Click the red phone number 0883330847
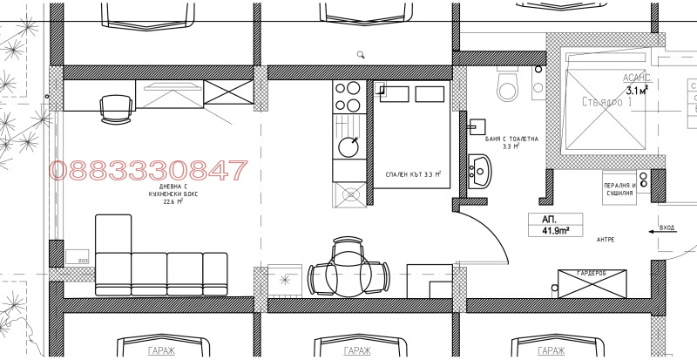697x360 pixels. pos(148,170)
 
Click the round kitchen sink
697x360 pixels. pos(349,145)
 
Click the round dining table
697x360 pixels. pos(348,274)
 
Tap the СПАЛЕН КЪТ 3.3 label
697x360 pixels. pos(413,174)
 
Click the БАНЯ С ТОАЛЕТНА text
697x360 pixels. pos(511,139)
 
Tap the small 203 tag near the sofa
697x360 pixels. pos(83,259)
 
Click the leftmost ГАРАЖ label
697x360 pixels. pos(162,350)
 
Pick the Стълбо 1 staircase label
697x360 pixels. pos(604,102)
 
